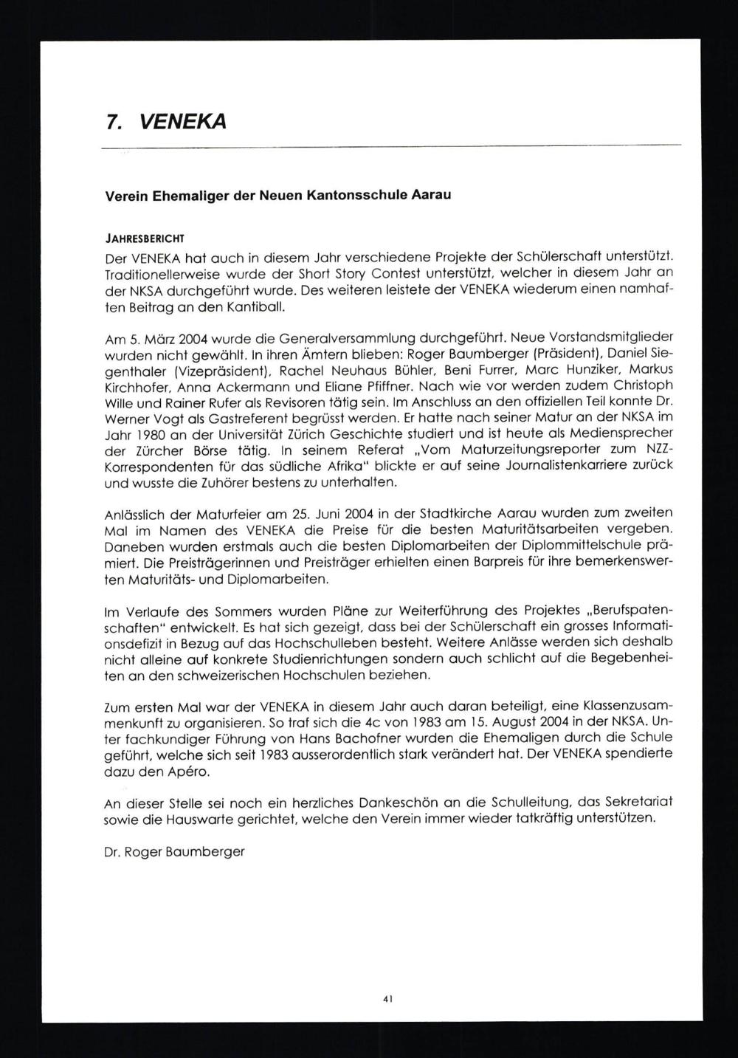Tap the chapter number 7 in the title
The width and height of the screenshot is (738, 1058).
[x=111, y=121]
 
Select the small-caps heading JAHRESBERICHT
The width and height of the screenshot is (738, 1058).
[x=145, y=238]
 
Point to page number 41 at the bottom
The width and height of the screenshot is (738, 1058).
[x=387, y=998]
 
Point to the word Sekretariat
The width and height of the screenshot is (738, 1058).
[x=633, y=803]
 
